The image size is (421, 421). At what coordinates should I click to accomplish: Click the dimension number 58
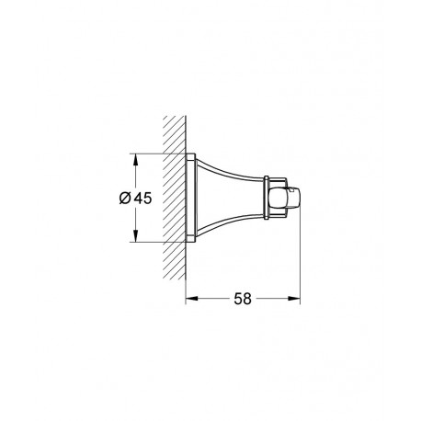coord(243,299)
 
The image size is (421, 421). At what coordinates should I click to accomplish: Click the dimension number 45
coord(142,199)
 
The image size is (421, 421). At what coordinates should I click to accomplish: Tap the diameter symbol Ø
coord(125,199)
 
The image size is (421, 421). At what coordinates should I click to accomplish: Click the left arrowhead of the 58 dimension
coord(192,299)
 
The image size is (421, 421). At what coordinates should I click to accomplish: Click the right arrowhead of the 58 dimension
coord(293,299)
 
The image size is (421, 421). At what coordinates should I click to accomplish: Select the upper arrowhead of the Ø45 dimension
coord(136,160)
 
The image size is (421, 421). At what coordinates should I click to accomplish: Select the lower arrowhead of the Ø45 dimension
coord(136,235)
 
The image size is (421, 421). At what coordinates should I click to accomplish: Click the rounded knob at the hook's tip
coord(284,198)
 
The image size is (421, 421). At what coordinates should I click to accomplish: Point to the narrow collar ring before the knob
coord(267,198)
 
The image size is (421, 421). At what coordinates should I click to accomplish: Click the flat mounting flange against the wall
coord(190,198)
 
